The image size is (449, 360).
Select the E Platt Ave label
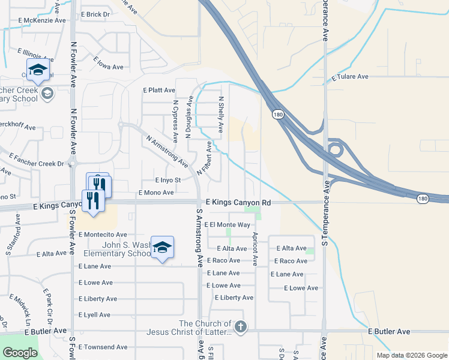[x=158, y=90]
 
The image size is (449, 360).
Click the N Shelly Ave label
[x=221, y=114]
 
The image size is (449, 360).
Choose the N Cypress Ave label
[x=175, y=121]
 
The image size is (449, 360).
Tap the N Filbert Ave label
[x=205, y=158]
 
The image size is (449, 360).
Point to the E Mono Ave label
[x=155, y=193]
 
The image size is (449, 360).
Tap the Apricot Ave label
[x=255, y=248]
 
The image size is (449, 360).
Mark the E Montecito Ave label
[x=103, y=235]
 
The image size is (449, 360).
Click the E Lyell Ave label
[x=94, y=314]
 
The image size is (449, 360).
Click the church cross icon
[x=240, y=327]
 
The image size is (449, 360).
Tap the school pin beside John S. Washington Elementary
[x=162, y=247]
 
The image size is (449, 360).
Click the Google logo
[x=20, y=353]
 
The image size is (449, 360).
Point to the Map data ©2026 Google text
[x=412, y=355]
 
